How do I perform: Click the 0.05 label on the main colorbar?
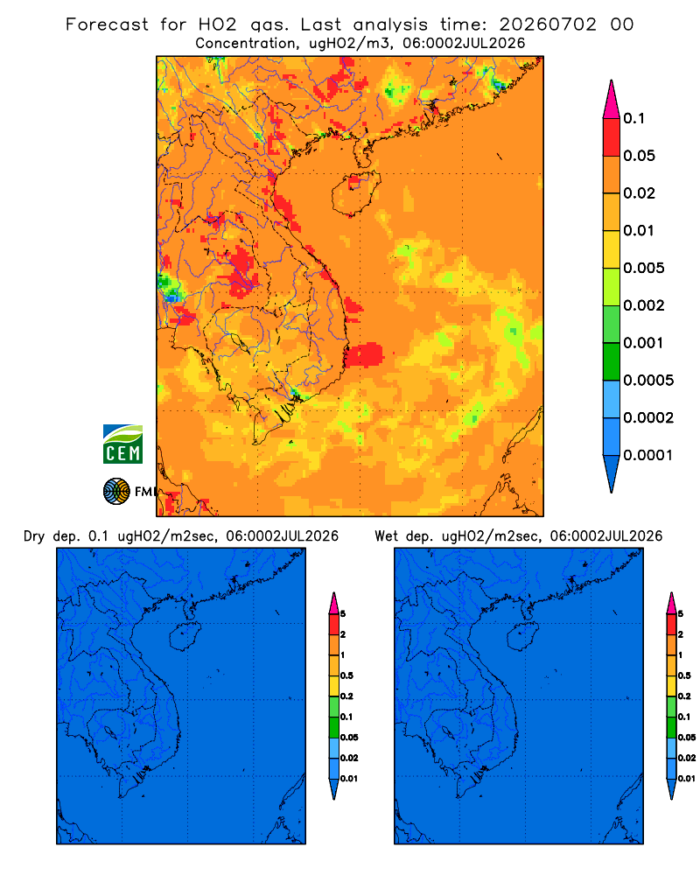pos(639,156)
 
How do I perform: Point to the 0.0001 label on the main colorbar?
pos(647,455)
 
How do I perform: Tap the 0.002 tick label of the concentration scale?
pos(644,305)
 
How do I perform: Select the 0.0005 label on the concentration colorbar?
pos(648,381)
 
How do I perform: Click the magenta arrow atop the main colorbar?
pos(612,101)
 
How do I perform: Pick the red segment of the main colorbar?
pos(612,136)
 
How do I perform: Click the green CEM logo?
pos(122,444)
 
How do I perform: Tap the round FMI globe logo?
pos(116,491)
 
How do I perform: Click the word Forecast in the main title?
pos(107,24)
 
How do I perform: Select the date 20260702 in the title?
pos(548,24)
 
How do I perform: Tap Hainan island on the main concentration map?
pos(355,193)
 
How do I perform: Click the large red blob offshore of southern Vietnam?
pos(365,354)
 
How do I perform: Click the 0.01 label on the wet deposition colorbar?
pos(687,779)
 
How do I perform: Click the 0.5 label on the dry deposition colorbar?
pos(346,675)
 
